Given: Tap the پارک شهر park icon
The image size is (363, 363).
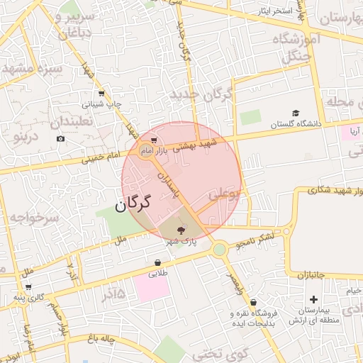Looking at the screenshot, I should [x=180, y=230].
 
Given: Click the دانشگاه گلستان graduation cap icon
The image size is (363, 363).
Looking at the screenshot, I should [x=296, y=113].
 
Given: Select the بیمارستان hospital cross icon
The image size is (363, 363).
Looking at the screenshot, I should [x=313, y=300].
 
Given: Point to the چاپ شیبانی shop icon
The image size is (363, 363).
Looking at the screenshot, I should [x=102, y=94].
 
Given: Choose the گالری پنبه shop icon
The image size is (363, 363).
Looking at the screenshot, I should [x=28, y=286].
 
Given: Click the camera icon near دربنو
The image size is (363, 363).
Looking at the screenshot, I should [x=60, y=138].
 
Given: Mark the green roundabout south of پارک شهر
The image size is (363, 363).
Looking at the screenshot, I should [x=220, y=249].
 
